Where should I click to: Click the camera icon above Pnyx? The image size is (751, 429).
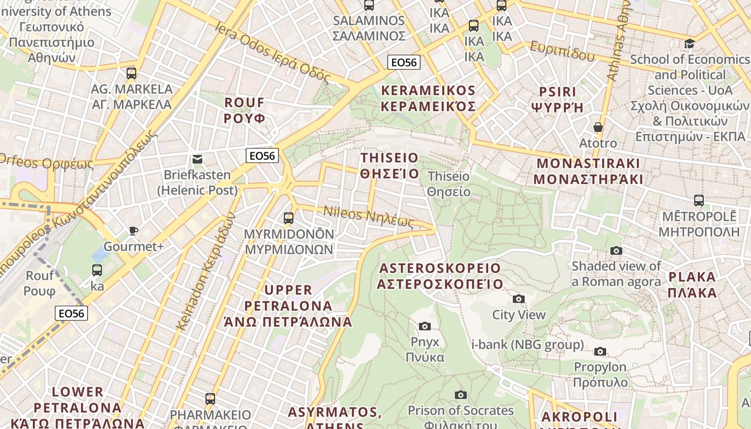point(424,326)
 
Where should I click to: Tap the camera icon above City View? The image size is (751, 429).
point(518,299)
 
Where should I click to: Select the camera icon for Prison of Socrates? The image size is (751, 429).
point(460,395)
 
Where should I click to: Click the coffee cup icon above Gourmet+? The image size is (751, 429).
point(133,231)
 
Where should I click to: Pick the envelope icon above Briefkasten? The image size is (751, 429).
point(197,159)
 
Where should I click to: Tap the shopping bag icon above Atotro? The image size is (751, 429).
point(598,127)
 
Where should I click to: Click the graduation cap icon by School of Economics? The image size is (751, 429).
point(689,43)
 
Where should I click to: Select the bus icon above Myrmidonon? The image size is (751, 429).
point(289,218)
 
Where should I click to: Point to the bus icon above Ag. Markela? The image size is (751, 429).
point(131,73)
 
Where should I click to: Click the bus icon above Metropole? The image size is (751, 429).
point(698,201)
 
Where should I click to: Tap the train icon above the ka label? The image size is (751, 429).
point(97,270)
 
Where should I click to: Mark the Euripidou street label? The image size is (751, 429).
point(562,51)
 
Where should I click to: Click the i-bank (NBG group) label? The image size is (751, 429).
point(527,344)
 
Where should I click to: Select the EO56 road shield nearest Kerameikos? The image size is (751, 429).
point(403,62)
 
